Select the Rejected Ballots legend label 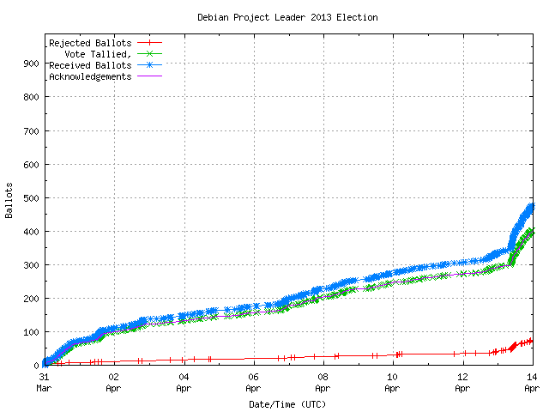coord(90,43)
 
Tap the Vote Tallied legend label coord(99,54)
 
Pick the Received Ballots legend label coord(90,65)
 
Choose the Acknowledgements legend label coord(90,76)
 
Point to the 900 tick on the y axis coord(31,64)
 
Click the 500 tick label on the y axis coord(31,198)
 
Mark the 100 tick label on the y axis coord(31,332)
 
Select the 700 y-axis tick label coord(31,131)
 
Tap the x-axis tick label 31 coord(44,377)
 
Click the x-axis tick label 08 coord(323,377)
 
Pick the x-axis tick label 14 coord(532,377)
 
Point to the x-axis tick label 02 coord(113,377)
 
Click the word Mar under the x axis coord(44,388)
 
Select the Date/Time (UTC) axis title coord(287,403)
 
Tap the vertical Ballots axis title coord(9,200)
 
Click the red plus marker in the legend coord(148,43)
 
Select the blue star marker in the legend coord(148,65)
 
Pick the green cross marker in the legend coord(148,54)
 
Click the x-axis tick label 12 coord(462,377)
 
